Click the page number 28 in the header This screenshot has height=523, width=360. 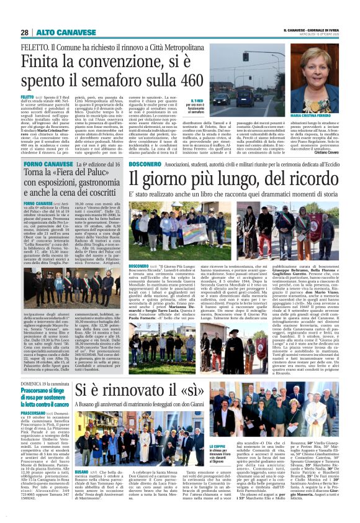(24, 32)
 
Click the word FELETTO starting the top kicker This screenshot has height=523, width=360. (34, 46)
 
